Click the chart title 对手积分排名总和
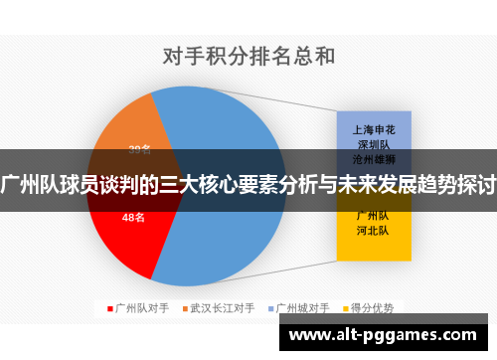(248, 55)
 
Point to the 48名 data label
(133, 217)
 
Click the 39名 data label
(140, 150)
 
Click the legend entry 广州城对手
(303, 308)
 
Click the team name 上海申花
(371, 130)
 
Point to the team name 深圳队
(371, 144)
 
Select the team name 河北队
(371, 230)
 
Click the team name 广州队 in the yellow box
(371, 215)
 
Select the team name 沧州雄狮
(371, 158)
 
